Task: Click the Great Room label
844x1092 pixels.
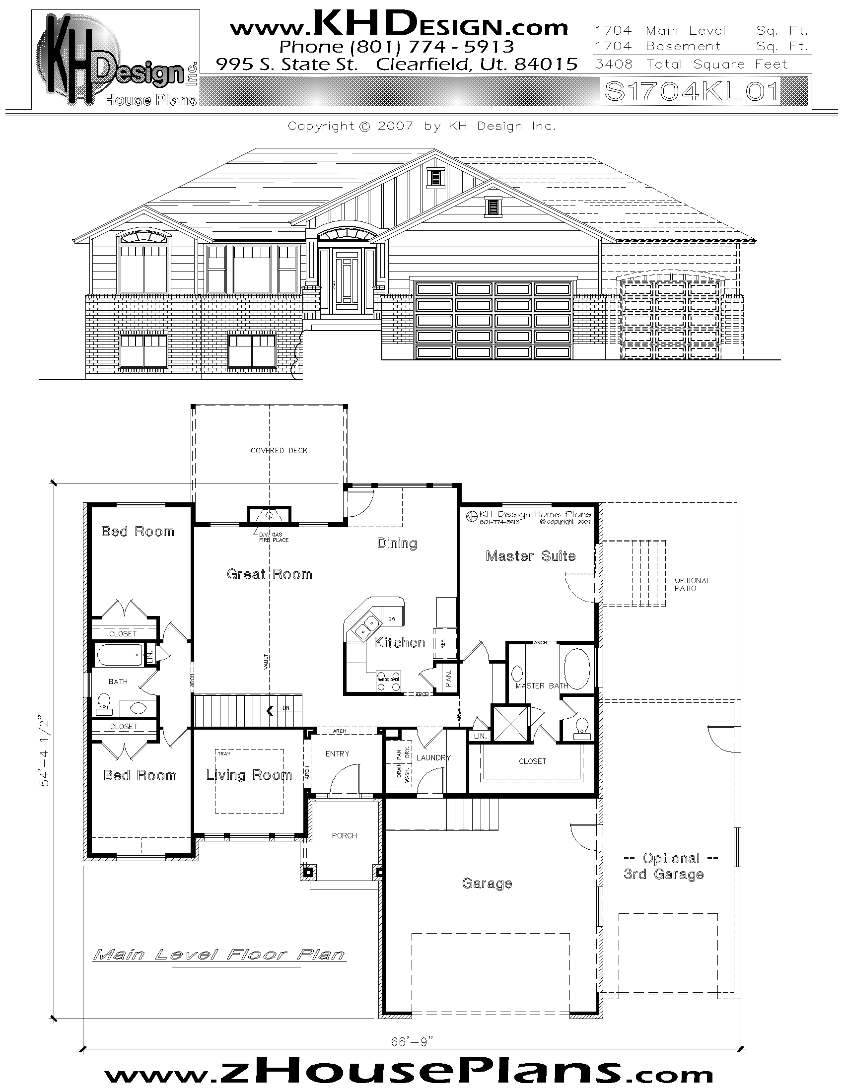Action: pyautogui.click(x=270, y=574)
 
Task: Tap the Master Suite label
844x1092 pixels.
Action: pyautogui.click(x=531, y=556)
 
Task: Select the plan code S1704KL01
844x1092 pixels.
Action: pyautogui.click(x=692, y=91)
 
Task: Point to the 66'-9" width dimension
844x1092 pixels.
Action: pyautogui.click(x=412, y=1037)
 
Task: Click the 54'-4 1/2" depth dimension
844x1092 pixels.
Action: pyautogui.click(x=46, y=753)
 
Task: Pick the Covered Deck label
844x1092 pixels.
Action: pyautogui.click(x=279, y=451)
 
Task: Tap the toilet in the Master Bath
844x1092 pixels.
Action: pyautogui.click(x=581, y=727)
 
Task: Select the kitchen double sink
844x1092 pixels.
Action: pyautogui.click(x=365, y=628)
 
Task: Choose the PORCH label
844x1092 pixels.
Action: pyautogui.click(x=345, y=835)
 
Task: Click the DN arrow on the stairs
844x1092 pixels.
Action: pyautogui.click(x=271, y=710)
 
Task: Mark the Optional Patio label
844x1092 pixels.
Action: pyautogui.click(x=692, y=585)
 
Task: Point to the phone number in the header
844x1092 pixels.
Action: pyautogui.click(x=397, y=47)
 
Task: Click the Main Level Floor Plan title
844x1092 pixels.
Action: pyautogui.click(x=219, y=955)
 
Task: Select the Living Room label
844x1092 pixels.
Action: pyautogui.click(x=249, y=775)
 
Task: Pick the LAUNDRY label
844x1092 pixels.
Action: pyautogui.click(x=433, y=757)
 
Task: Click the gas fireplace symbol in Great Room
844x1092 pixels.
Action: pyautogui.click(x=270, y=515)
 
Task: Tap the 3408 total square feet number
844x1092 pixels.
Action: pyautogui.click(x=614, y=65)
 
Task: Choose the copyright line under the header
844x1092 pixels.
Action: pyautogui.click(x=422, y=126)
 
